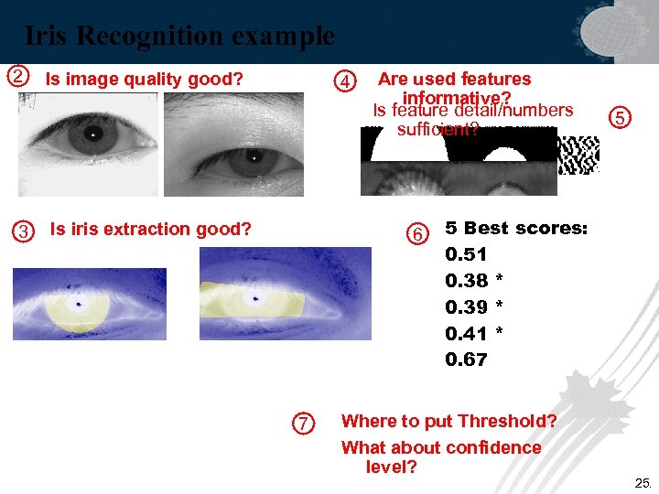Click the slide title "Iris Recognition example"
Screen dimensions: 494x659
179,37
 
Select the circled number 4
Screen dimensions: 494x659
345,81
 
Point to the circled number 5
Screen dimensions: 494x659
620,117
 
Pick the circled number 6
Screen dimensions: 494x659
417,234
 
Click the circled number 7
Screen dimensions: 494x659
302,423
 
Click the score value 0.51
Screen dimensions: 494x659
466,253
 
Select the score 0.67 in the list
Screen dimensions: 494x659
466,360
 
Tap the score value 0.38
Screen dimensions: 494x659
466,280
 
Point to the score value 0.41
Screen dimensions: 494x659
466,333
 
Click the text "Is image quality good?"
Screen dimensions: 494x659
145,80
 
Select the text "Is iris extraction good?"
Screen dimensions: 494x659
150,229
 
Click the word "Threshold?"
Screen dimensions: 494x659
507,421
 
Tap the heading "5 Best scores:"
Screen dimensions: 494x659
516,228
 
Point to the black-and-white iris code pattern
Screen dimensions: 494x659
578,155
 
